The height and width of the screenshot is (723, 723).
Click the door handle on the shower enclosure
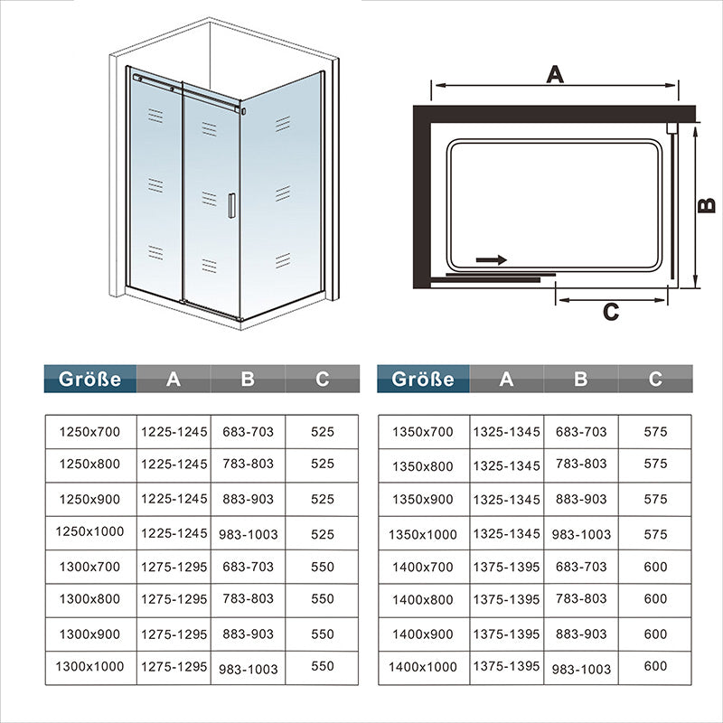(x=231, y=206)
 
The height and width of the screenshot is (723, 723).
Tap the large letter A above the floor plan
(x=555, y=75)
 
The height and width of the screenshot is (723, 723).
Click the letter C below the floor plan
(x=611, y=312)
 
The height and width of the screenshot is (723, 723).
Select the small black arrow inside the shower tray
(x=491, y=260)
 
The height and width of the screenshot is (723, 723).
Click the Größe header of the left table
(x=89, y=379)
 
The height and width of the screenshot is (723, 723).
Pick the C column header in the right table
(x=655, y=379)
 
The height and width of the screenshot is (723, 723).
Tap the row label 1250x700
(x=89, y=432)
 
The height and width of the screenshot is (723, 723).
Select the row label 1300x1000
(x=89, y=666)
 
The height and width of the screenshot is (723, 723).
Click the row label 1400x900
(x=423, y=634)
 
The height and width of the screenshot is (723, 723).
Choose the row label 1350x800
(x=423, y=466)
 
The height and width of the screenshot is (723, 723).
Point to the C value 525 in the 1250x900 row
(x=323, y=500)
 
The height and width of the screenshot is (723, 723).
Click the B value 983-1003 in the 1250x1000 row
(x=249, y=534)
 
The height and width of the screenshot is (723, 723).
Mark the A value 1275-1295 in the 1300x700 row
(x=174, y=567)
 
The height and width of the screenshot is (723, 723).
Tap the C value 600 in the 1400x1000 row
(x=656, y=666)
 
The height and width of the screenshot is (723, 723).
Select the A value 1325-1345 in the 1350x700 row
(x=507, y=432)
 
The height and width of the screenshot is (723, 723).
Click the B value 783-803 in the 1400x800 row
(x=581, y=598)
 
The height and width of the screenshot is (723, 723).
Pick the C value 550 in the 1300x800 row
(x=323, y=598)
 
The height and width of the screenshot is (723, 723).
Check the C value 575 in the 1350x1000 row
(x=656, y=534)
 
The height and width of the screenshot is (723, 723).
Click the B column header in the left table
(x=248, y=379)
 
